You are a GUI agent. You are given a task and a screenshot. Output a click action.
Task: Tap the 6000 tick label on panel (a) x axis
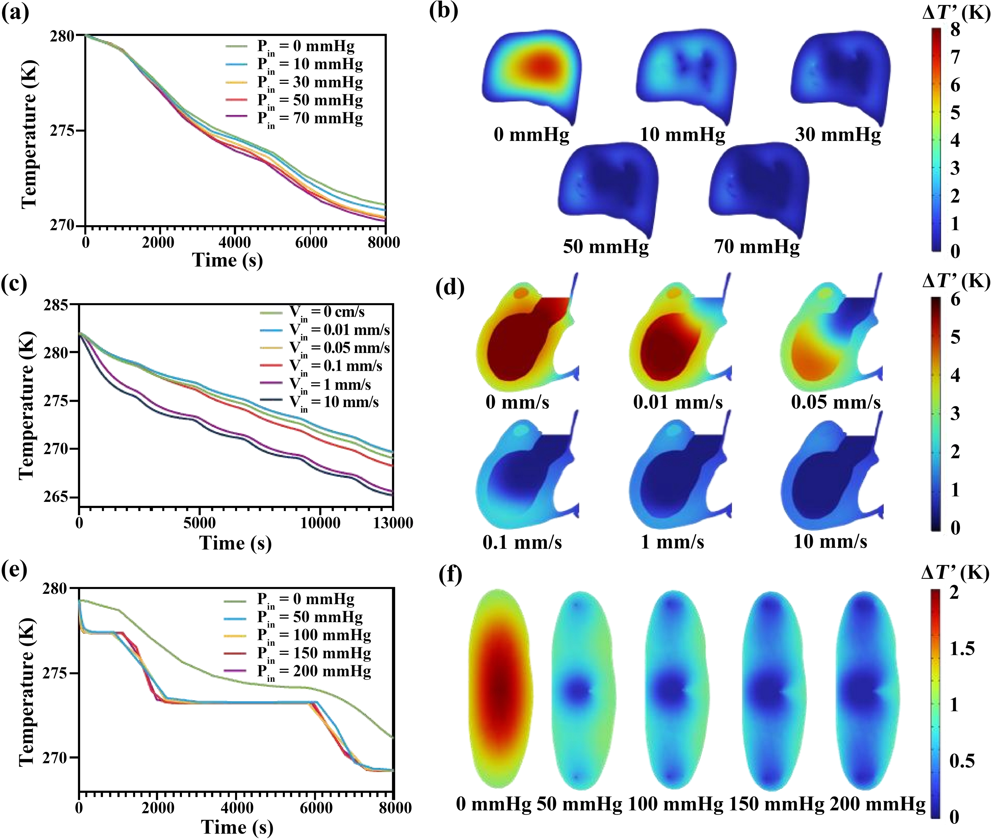tap(311, 242)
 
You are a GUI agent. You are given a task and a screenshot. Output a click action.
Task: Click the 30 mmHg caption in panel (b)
tap(838, 135)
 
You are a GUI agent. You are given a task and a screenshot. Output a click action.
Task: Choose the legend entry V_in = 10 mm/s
tap(333, 402)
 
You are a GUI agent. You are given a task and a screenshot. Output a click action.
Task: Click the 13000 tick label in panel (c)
tap(392, 523)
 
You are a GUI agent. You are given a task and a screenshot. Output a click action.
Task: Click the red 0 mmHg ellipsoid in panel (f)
tap(499, 688)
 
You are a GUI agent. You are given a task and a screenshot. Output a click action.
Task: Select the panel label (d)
tap(450, 288)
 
